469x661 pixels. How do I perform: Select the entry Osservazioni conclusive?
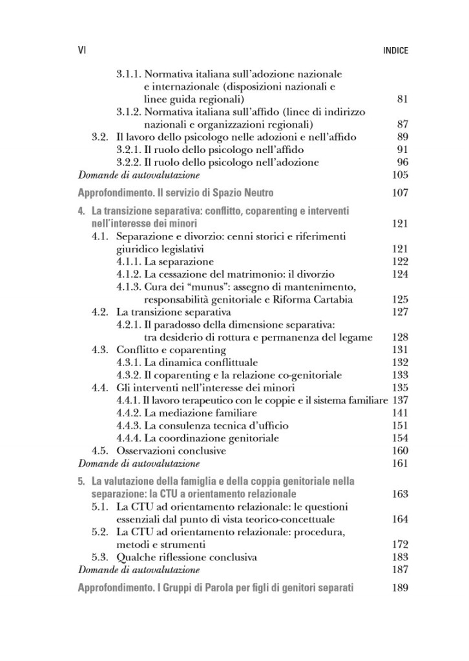pyautogui.click(x=171, y=450)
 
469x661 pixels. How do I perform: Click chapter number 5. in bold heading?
pyautogui.click(x=81, y=481)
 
